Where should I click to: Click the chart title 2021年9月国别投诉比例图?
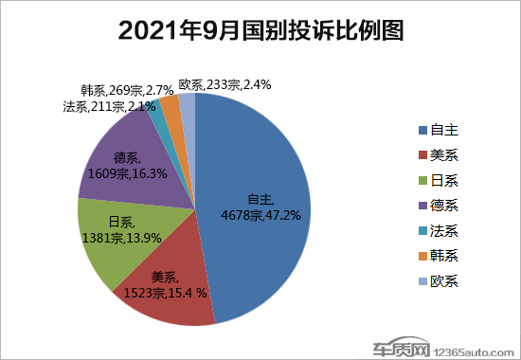click(x=260, y=31)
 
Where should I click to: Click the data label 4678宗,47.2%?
click(x=269, y=215)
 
